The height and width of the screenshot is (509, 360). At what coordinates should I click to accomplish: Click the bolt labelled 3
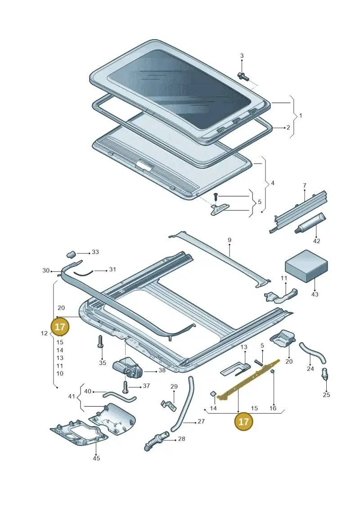243,77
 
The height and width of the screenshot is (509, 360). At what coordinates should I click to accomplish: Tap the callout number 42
316,241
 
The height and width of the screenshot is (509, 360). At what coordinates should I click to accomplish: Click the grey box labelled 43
306,265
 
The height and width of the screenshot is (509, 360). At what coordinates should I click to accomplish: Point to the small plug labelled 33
71,254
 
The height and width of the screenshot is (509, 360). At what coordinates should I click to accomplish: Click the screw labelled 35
101,342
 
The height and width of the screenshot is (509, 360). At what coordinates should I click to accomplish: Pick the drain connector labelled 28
156,441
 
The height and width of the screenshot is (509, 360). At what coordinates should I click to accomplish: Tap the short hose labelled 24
313,352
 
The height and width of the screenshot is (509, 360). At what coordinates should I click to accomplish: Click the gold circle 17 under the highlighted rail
243,421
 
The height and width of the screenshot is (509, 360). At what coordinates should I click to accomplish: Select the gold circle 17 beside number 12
60,326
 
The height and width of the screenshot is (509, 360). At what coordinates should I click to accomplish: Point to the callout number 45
96,458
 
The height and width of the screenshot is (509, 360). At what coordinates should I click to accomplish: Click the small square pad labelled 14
213,394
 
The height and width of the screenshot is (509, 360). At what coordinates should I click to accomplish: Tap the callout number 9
229,240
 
